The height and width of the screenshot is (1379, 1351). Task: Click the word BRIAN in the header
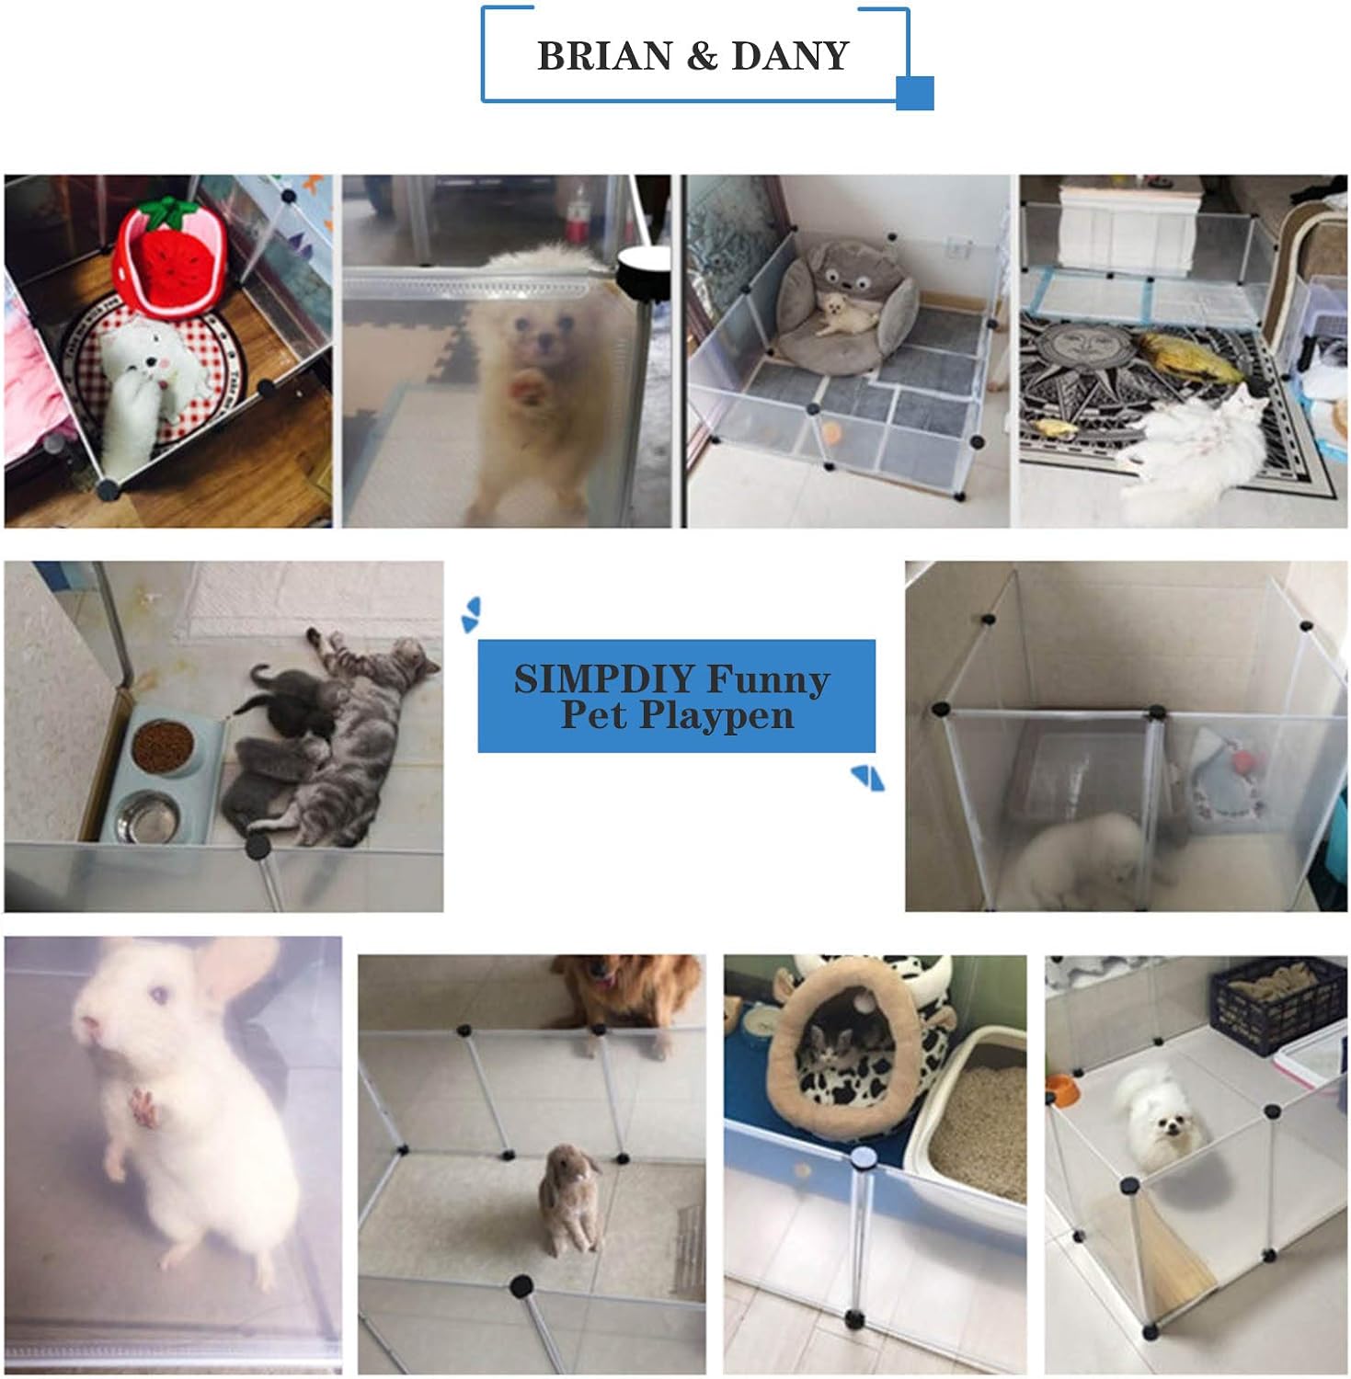605,56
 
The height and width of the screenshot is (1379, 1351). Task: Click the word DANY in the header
790,56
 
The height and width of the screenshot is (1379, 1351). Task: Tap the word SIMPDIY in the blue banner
603,679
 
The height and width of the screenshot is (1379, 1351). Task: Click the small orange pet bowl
1060,1089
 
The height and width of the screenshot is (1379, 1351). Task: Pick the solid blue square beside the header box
915,93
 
